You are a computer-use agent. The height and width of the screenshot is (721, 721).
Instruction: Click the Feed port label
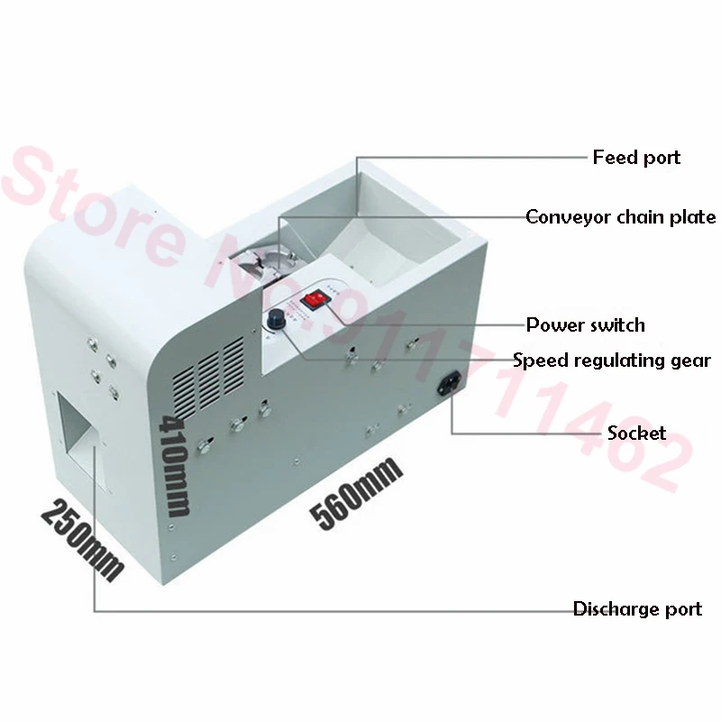coord(636,158)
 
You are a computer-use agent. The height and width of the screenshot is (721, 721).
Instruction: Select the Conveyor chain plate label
coord(621,217)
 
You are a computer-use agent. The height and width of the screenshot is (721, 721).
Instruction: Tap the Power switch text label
coord(586,324)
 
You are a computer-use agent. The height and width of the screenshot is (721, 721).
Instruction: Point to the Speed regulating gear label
coord(612,360)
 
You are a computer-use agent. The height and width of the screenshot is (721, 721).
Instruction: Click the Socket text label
coord(636,433)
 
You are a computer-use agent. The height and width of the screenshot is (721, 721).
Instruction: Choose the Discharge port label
coord(637,609)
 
